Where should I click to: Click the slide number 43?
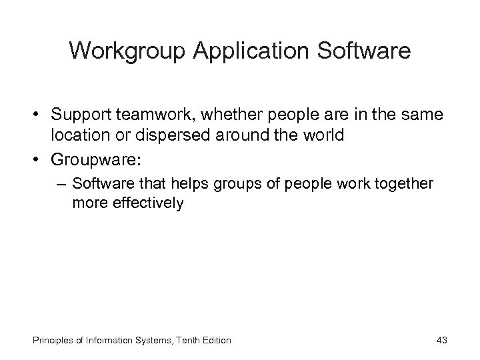441,340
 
